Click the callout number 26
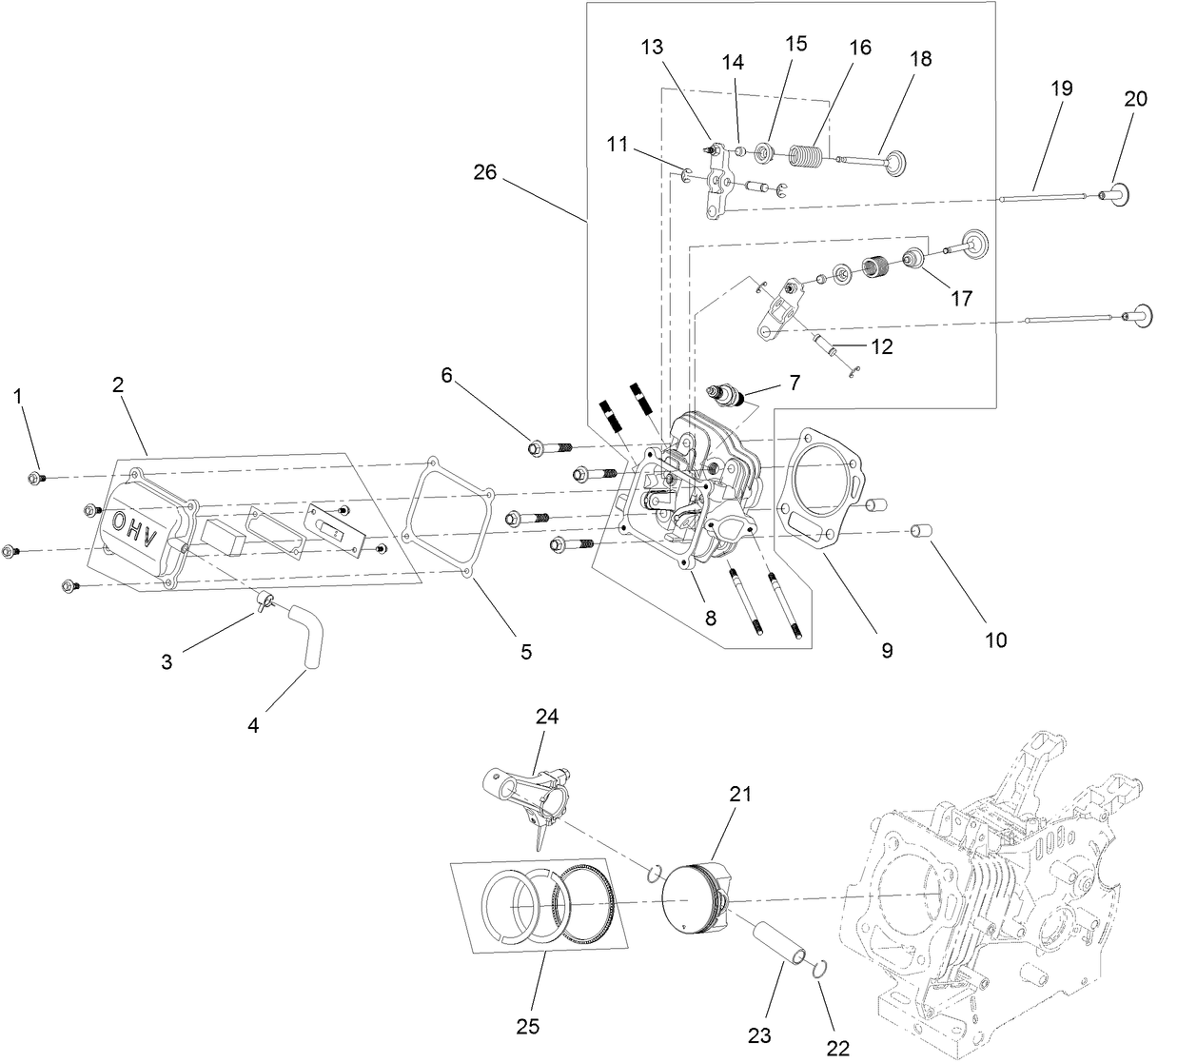pos(486,172)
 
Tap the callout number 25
pos(527,1025)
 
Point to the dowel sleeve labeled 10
pos(921,530)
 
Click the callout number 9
pos(886,650)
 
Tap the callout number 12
pos(881,347)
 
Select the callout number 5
pos(526,652)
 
